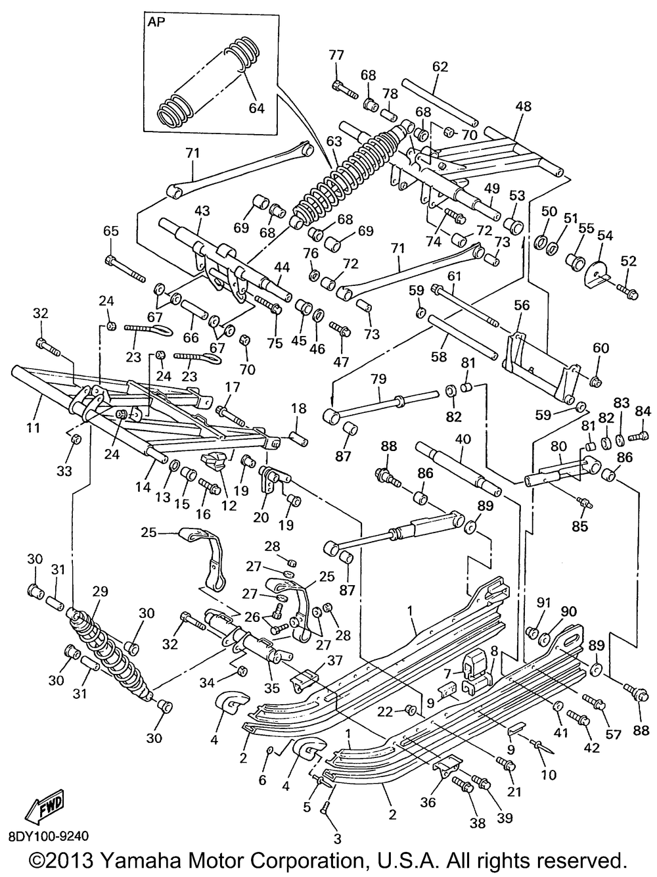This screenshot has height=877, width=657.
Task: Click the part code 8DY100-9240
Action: point(49,836)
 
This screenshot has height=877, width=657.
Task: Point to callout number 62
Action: point(440,66)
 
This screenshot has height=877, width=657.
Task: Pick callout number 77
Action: point(336,55)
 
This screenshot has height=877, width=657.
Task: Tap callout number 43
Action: point(202,210)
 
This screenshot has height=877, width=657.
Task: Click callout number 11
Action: point(34,428)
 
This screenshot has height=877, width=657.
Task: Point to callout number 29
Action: point(100,591)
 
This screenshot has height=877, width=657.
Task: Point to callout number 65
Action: point(111,231)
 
